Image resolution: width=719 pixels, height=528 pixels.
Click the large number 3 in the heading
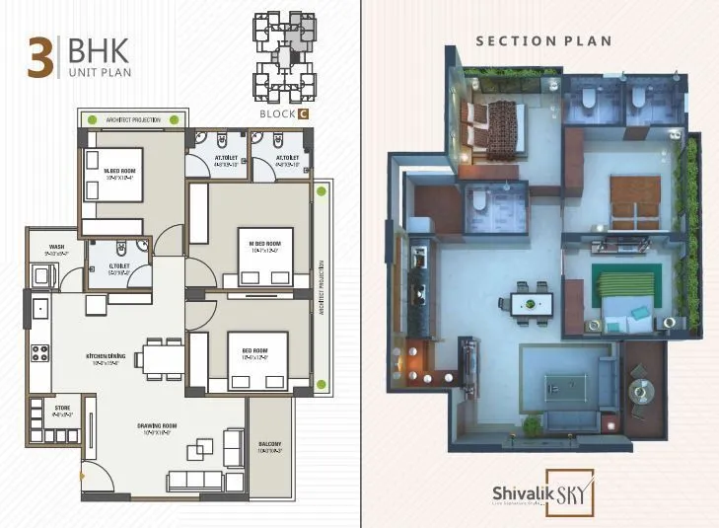coord(39,57)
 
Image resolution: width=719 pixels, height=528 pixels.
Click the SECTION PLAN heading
coord(543,41)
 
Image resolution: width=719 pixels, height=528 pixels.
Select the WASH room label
coord(42,249)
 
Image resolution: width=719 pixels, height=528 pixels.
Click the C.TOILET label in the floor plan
coord(100,267)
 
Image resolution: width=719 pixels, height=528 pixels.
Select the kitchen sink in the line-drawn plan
coord(40,310)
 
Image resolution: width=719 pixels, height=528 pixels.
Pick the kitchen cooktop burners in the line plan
coord(40,350)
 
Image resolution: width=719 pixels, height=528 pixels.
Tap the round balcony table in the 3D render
coord(642,391)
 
